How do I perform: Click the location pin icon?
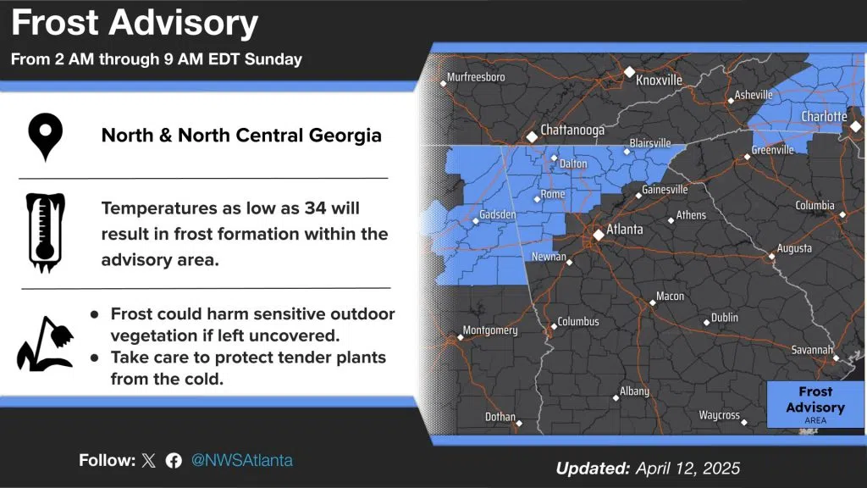[x=46, y=136]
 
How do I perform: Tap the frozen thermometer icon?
[x=46, y=232]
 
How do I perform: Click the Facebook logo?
[x=174, y=460]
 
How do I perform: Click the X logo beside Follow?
[x=149, y=460]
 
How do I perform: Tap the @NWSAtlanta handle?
[x=241, y=460]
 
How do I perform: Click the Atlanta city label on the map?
[x=625, y=229]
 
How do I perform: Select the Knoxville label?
[x=659, y=80]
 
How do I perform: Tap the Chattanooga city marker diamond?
[x=532, y=136]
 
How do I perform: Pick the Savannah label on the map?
[x=812, y=350]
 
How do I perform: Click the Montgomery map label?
[x=490, y=330]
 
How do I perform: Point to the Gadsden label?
[x=498, y=214]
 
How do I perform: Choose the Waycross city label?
[x=719, y=415]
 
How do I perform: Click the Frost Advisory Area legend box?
[x=815, y=404]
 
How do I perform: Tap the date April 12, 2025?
[x=688, y=469]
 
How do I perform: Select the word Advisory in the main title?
[x=183, y=23]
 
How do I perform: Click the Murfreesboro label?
[x=476, y=77]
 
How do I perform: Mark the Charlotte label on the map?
[x=824, y=116]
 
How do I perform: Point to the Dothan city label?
[x=500, y=417]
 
